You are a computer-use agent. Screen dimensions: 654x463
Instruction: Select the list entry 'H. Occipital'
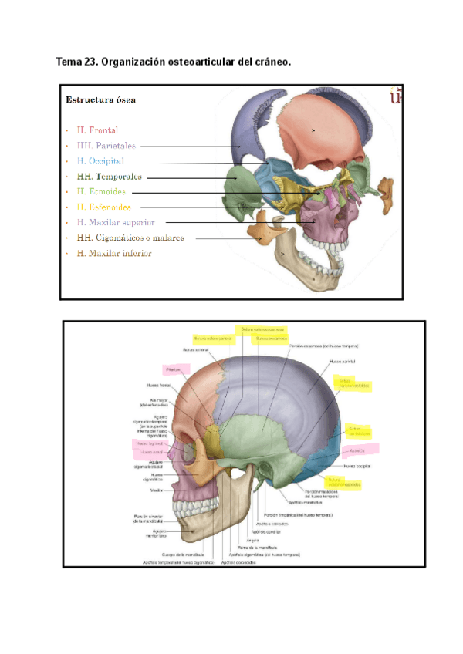point(100,161)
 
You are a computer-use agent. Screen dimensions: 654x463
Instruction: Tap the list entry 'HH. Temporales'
point(109,177)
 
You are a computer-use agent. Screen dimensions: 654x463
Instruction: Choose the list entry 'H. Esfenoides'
point(103,207)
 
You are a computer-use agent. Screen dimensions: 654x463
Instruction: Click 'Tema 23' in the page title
point(77,62)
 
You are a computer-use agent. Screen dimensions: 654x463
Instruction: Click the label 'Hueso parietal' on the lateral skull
point(342,360)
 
